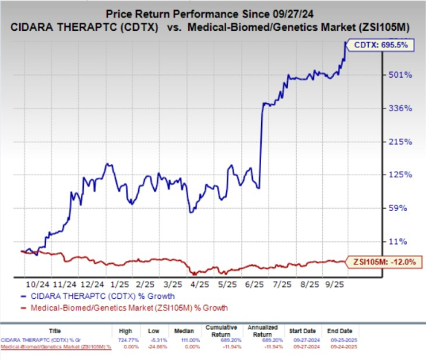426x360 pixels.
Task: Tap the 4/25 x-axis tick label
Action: [201, 283]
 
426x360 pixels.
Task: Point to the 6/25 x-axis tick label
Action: [255, 283]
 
